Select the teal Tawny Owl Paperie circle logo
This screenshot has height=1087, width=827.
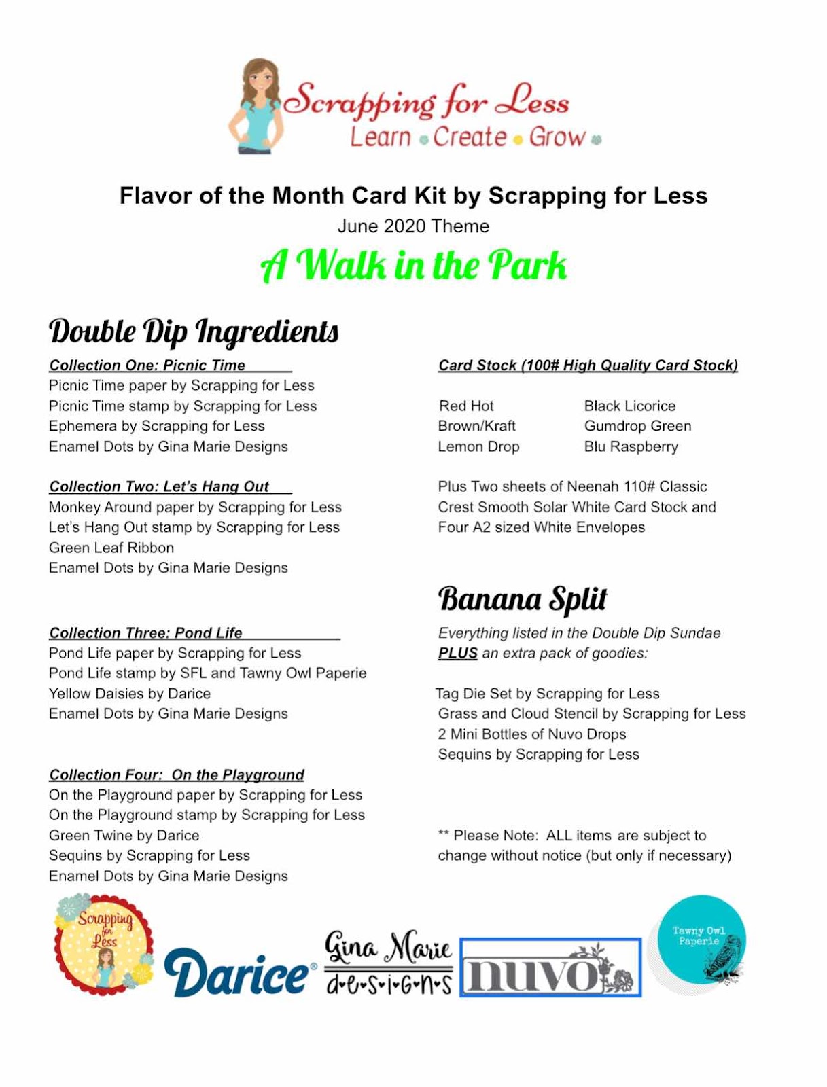pyautogui.click(x=699, y=941)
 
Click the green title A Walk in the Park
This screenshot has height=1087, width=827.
pyautogui.click(x=413, y=265)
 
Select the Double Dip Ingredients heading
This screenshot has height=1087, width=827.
pyautogui.click(x=194, y=332)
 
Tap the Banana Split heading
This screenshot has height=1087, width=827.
pyautogui.click(x=522, y=599)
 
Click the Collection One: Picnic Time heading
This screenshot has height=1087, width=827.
pyautogui.click(x=147, y=365)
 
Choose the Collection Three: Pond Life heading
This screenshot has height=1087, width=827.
pyautogui.click(x=146, y=632)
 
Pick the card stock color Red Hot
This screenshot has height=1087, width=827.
pyautogui.click(x=466, y=406)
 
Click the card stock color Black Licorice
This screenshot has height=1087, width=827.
pyautogui.click(x=629, y=406)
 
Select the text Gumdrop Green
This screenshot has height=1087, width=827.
pyautogui.click(x=637, y=426)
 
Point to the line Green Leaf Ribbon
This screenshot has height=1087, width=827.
pyautogui.click(x=111, y=548)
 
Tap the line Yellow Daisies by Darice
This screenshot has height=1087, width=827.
pyautogui.click(x=130, y=694)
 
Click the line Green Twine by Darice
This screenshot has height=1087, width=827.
pyautogui.click(x=124, y=835)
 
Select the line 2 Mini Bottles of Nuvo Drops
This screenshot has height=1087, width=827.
pyautogui.click(x=531, y=734)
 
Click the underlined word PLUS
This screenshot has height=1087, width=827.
pyautogui.click(x=457, y=653)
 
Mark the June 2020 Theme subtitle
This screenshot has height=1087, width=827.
pyautogui.click(x=413, y=226)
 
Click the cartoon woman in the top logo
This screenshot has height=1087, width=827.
pyautogui.click(x=256, y=105)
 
